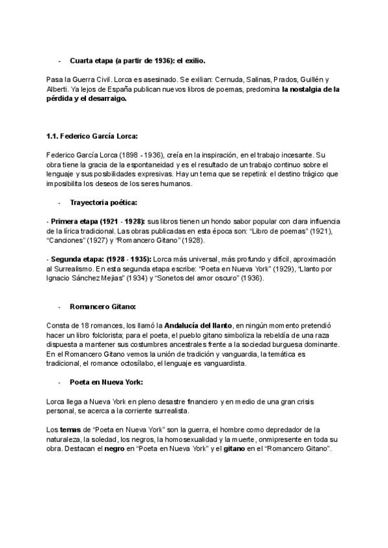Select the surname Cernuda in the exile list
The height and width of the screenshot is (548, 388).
[229, 76]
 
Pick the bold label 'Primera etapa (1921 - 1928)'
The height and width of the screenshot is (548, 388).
[96, 221]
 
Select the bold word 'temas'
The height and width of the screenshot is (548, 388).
[70, 429]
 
